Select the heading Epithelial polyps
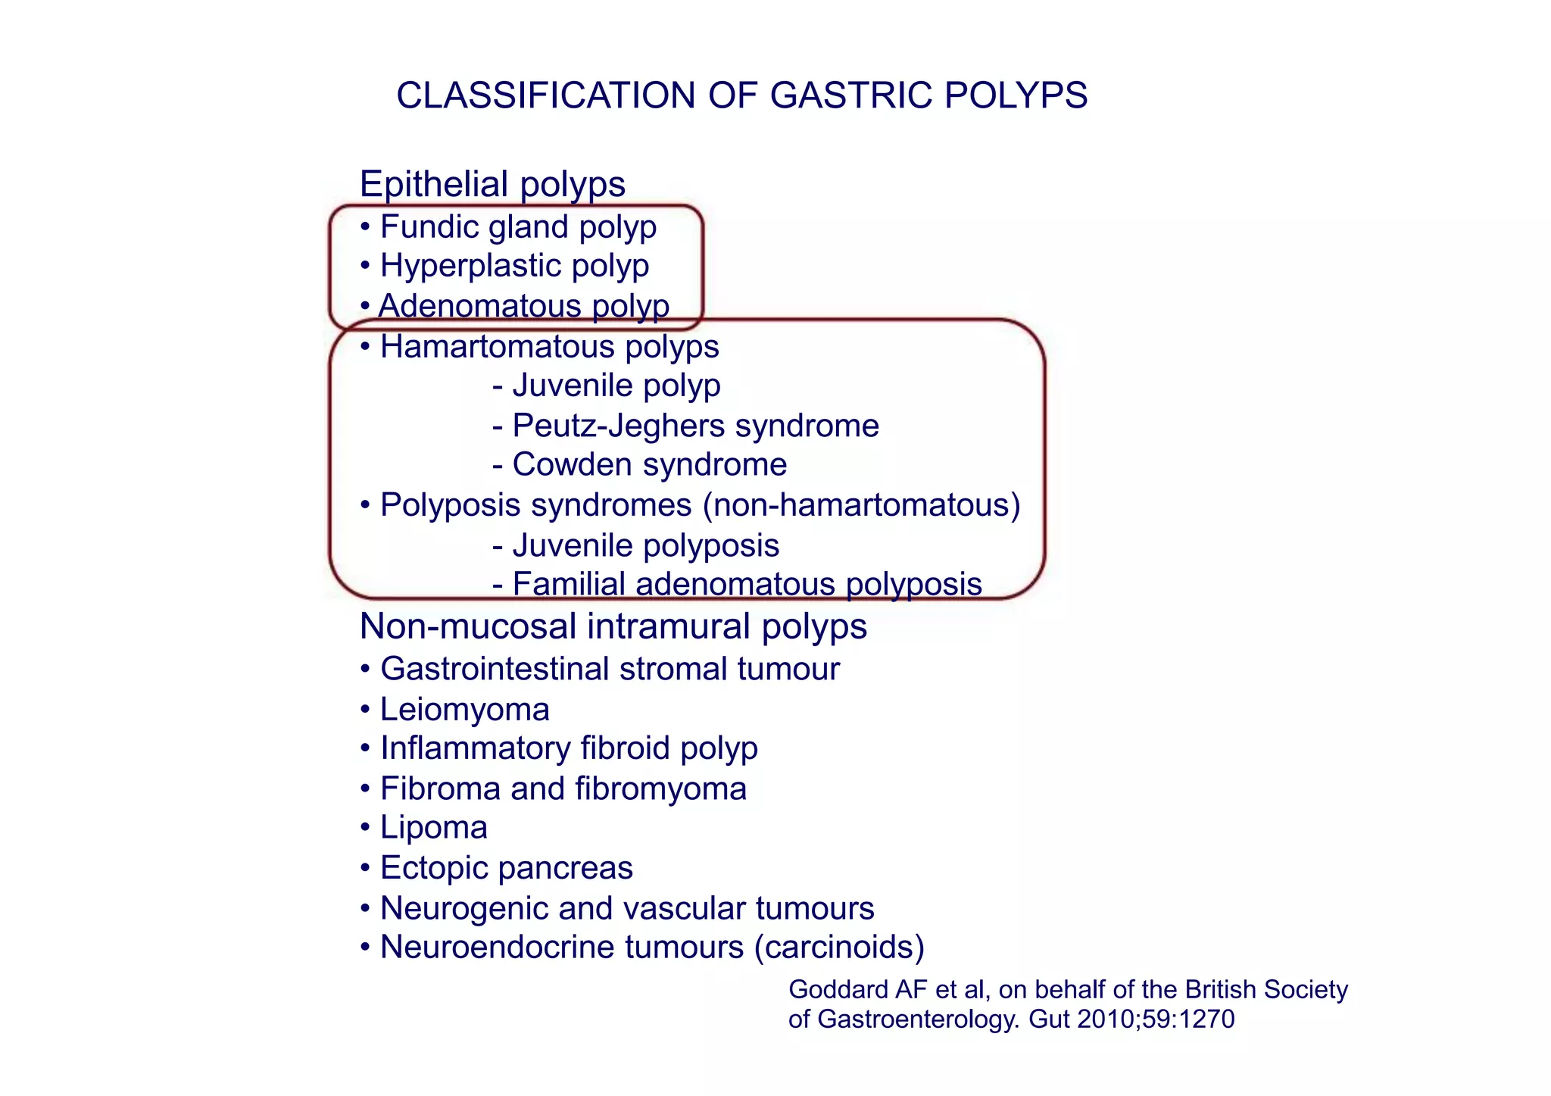(492, 184)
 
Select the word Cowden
(566, 464)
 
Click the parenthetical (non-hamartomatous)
(862, 505)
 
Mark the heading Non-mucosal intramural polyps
(613, 626)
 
